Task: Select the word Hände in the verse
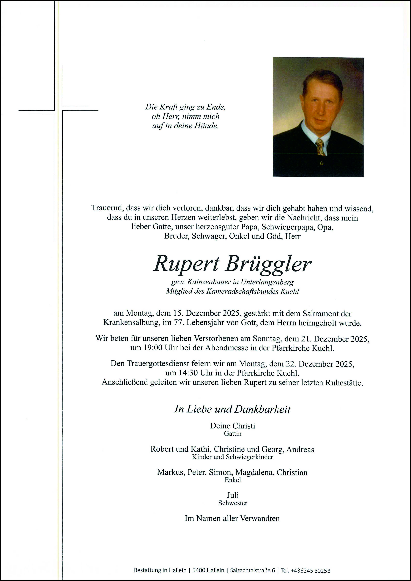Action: pos(206,126)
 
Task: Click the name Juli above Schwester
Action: pos(233,495)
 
